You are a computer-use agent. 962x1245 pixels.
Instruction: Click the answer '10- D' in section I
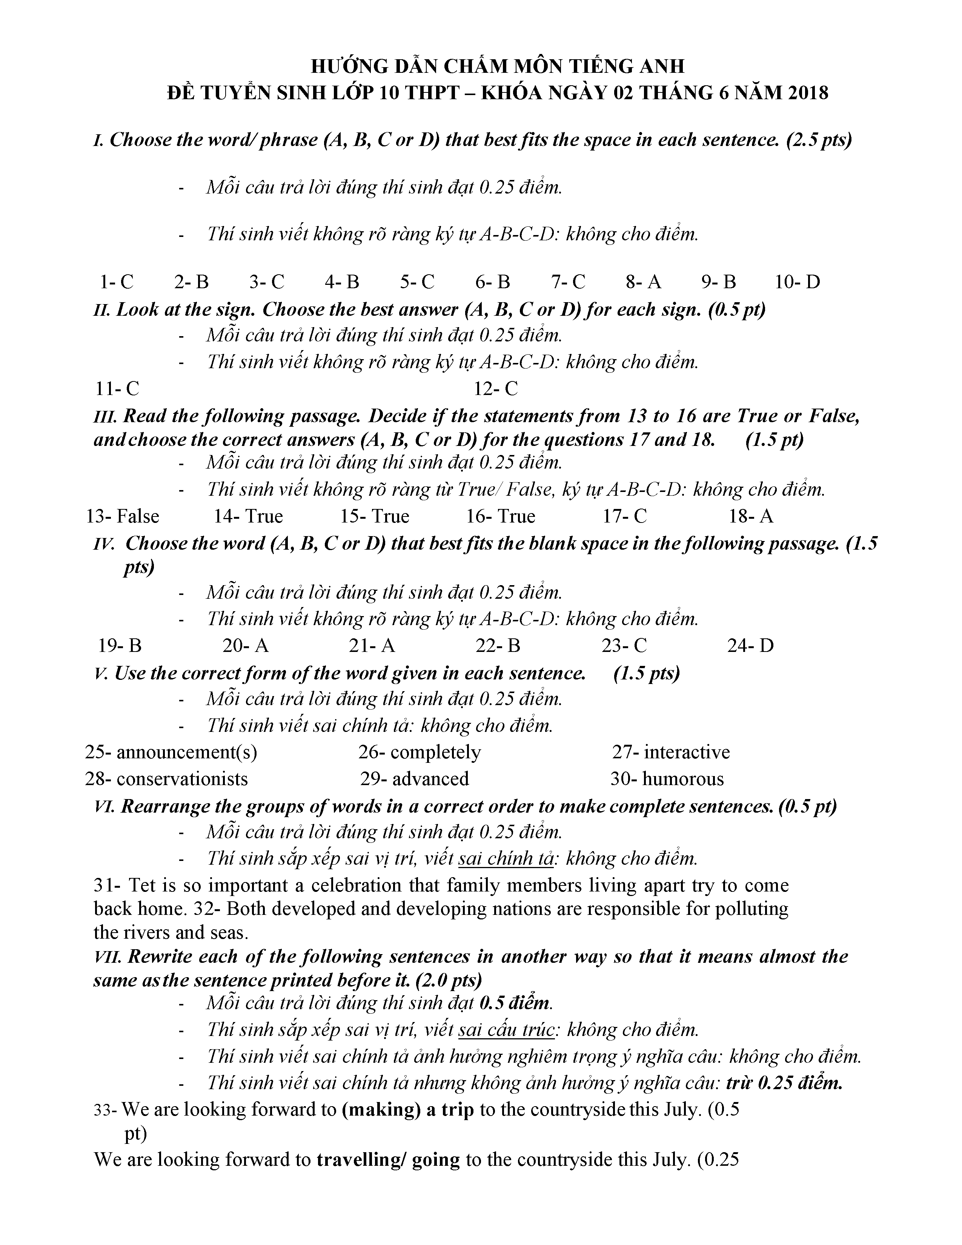tap(797, 281)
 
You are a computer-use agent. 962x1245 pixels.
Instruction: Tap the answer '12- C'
tap(496, 389)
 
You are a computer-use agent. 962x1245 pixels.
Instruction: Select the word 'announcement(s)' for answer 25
tap(186, 753)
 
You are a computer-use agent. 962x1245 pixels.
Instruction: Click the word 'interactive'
tap(687, 753)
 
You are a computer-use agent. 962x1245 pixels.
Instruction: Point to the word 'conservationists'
tap(182, 779)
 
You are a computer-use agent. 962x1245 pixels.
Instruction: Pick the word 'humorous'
tap(683, 779)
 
